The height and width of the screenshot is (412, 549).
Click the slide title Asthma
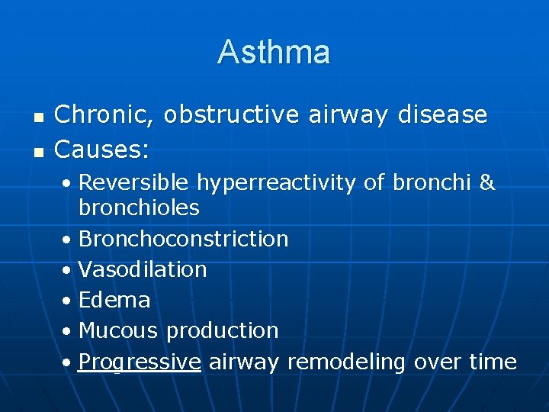[274, 52]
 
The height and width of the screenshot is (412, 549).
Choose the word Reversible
[134, 183]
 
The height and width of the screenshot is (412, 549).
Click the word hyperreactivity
[276, 183]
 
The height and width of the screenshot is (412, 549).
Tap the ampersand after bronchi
[486, 183]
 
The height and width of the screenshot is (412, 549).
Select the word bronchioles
[139, 208]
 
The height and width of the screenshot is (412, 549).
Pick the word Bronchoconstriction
[183, 239]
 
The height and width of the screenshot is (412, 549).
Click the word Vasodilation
[143, 269]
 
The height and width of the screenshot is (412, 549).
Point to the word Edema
[114, 300]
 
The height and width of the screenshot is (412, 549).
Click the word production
[222, 330]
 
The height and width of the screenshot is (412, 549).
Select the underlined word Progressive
[140, 362]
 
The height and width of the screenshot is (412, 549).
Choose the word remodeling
[347, 362]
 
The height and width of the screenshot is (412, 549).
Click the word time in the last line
[493, 362]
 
